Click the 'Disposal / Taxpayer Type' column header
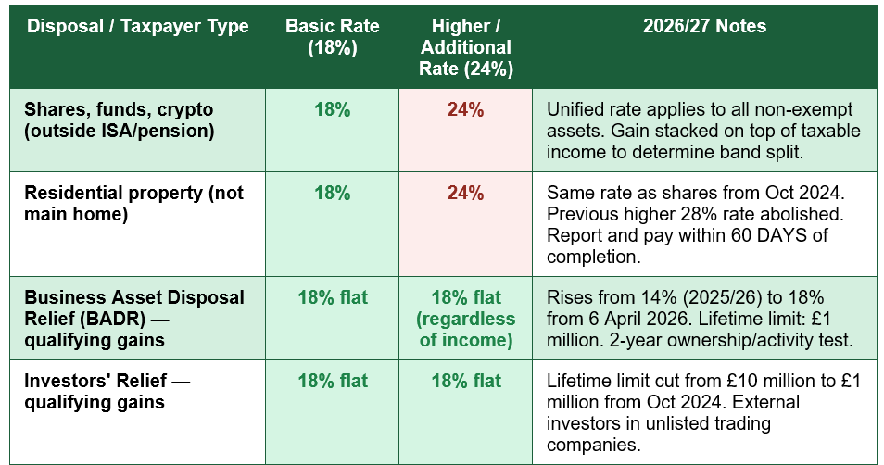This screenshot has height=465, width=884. point(137,26)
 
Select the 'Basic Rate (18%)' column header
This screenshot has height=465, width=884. point(332,37)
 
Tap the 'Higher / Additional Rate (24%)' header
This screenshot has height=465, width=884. point(466,47)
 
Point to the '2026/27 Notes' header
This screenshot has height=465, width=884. point(705,26)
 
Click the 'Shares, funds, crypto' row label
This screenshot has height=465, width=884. point(119,120)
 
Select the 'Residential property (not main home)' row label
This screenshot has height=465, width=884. point(133,204)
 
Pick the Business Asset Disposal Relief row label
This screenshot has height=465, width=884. point(134,319)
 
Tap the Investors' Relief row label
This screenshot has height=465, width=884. point(107,391)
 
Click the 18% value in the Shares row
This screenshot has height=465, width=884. point(332,109)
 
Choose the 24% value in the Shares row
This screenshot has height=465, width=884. point(466,109)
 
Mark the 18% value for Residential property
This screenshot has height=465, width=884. point(332,193)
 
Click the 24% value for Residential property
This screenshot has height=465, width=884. point(466,193)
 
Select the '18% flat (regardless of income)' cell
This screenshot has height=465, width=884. point(466,319)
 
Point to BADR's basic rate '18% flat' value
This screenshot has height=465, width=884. point(333,297)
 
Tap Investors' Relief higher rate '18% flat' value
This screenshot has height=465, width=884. point(466,381)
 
